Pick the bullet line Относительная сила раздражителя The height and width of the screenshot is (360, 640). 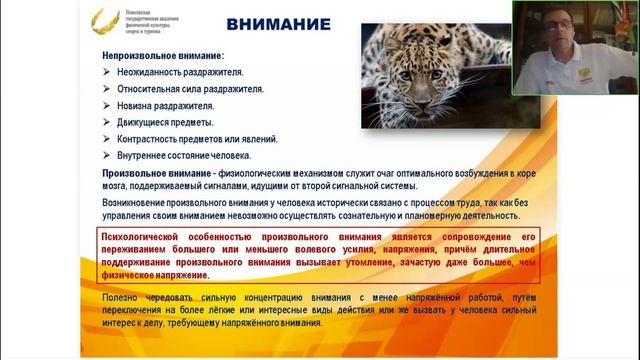click(x=189, y=89)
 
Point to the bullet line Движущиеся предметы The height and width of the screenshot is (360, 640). click(x=165, y=122)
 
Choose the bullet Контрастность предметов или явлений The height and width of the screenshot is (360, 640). click(x=197, y=139)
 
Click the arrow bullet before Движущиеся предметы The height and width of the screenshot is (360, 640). click(x=107, y=122)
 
